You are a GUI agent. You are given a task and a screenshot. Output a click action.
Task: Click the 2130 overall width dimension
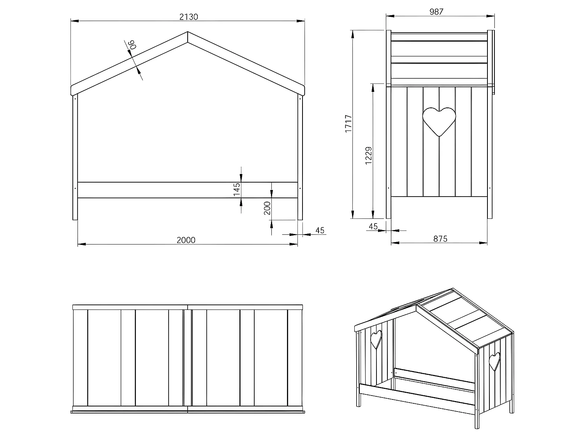[x=189, y=17]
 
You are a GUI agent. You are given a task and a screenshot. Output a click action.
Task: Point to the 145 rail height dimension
[x=236, y=190]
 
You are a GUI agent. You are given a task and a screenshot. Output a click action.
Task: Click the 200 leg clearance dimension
[x=267, y=208]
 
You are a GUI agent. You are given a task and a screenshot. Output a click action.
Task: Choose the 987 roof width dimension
[x=436, y=12]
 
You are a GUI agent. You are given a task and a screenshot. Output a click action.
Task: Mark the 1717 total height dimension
[x=348, y=124]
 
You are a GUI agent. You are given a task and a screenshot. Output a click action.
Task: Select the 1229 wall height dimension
[x=369, y=156]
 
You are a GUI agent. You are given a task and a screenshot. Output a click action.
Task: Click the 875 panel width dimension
[x=440, y=239]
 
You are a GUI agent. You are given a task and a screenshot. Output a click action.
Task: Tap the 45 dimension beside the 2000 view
[x=320, y=230]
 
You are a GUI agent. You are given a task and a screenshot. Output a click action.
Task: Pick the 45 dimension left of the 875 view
[x=373, y=226]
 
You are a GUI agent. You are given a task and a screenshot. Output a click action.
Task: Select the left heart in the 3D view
[x=376, y=339]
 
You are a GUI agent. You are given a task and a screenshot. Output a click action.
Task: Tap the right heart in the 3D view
[x=494, y=361]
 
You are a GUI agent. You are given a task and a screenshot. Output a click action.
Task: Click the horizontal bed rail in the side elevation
[x=188, y=190]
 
